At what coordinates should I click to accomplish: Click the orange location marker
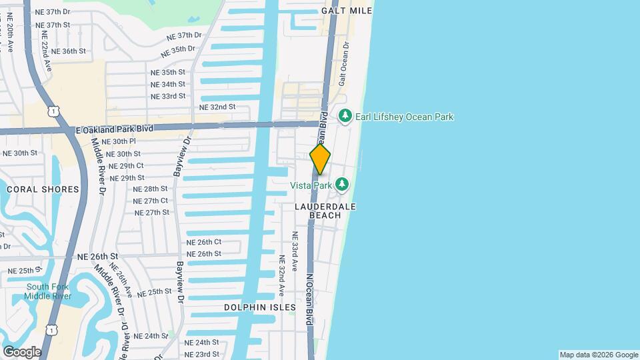click(x=320, y=159)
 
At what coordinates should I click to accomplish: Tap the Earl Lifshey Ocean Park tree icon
click(x=345, y=117)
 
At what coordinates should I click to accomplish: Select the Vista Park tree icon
click(x=342, y=183)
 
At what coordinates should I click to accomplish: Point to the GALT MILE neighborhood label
click(x=346, y=11)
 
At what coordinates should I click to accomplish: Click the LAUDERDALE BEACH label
click(x=325, y=211)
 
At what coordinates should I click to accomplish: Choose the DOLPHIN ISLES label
click(x=259, y=307)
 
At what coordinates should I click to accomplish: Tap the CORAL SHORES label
click(x=43, y=189)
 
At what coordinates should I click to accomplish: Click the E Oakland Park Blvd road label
click(x=115, y=129)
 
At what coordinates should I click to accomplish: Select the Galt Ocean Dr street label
click(x=343, y=63)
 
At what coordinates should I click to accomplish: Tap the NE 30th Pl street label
click(x=115, y=141)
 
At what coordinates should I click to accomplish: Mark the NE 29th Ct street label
click(x=126, y=165)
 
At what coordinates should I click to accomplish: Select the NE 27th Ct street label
click(x=151, y=201)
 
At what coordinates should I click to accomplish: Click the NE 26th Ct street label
click(x=203, y=242)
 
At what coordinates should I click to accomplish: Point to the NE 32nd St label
click(x=217, y=107)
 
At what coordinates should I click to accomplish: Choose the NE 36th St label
click(x=69, y=51)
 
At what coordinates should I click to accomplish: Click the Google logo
click(x=22, y=351)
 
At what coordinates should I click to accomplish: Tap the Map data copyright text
click(x=599, y=355)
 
